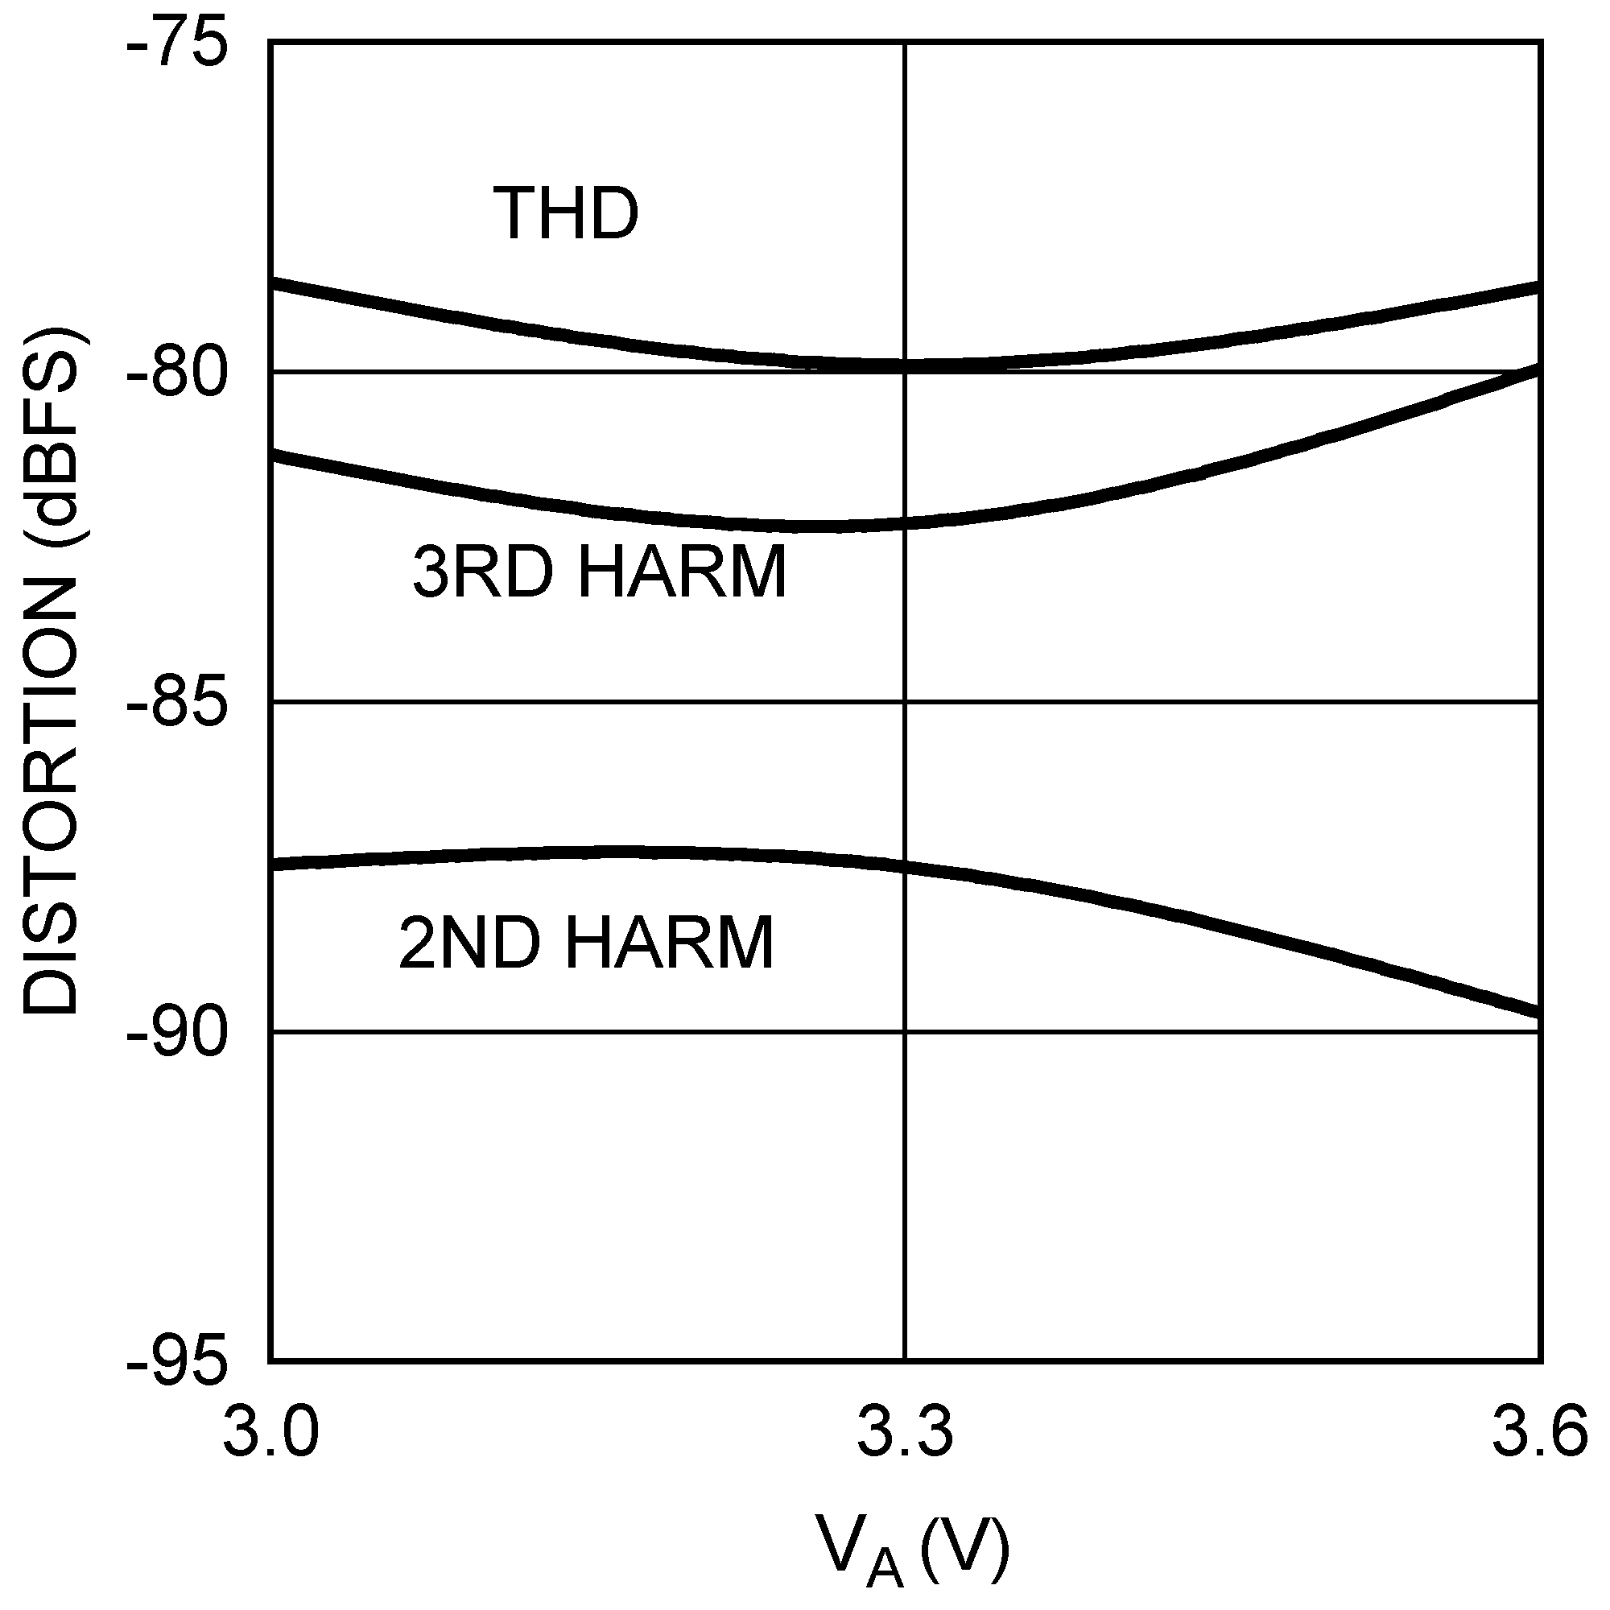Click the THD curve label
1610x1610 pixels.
(566, 214)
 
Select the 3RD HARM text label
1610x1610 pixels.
(599, 573)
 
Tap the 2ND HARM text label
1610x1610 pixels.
(586, 943)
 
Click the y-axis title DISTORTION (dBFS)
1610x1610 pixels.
(52, 671)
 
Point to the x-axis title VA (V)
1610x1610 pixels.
(912, 1547)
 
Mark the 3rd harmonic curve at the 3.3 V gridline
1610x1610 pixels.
(905, 523)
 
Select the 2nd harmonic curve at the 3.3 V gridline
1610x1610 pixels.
(905, 867)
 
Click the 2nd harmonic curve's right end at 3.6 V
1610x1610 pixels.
(1538, 1013)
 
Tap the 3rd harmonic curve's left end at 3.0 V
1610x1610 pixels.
(275, 455)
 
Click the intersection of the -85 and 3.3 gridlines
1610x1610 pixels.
(905, 703)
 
